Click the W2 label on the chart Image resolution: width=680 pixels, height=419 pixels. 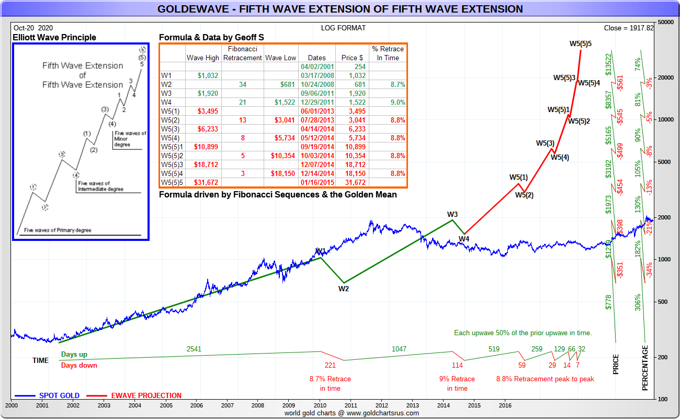pos(343,288)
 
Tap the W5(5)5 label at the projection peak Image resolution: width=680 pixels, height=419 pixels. pos(581,43)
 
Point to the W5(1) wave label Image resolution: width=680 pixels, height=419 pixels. pos(518,177)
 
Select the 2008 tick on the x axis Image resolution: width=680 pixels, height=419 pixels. pos(257,405)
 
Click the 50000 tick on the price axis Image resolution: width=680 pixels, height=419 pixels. pos(664,23)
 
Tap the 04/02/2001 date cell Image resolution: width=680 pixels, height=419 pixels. pos(316,67)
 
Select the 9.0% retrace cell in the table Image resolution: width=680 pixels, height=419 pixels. pos(388,102)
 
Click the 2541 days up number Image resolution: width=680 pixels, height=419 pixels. pos(194,348)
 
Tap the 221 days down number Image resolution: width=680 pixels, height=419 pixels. pos(330,365)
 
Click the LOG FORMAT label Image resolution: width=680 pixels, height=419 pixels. pos(344,28)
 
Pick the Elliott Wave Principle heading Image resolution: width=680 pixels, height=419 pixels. pos(54,37)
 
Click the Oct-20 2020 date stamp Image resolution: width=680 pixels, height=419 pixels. pos(33,28)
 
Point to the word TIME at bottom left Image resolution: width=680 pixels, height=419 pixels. pos(40,360)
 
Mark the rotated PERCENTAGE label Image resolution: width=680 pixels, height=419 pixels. pos(645,368)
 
